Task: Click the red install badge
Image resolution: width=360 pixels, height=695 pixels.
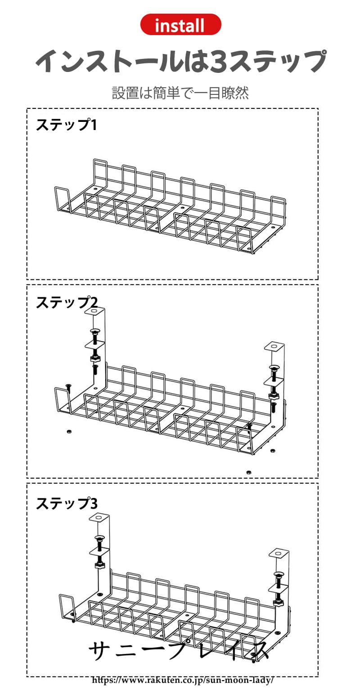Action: (x=180, y=25)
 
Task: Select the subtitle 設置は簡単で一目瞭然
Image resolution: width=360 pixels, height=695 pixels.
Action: (x=180, y=93)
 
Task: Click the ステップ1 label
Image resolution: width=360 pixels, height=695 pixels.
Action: (x=66, y=125)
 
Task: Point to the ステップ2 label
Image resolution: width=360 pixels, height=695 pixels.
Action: (x=66, y=302)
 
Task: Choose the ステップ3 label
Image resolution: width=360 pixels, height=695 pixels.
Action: (x=66, y=503)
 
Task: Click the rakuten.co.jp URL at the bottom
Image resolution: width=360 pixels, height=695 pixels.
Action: (x=183, y=680)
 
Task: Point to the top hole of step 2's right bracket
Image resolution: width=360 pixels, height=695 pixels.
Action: (x=274, y=347)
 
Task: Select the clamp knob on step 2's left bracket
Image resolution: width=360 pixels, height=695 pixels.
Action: (x=95, y=359)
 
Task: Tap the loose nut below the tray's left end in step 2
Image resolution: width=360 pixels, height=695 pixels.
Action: (x=69, y=431)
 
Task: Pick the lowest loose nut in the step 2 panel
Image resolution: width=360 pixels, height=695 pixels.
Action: (x=248, y=472)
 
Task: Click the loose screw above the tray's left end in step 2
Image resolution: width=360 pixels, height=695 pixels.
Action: (x=68, y=386)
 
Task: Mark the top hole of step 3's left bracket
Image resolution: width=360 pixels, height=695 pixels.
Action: (x=99, y=517)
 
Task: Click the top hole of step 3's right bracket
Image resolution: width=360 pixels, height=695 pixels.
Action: (x=279, y=552)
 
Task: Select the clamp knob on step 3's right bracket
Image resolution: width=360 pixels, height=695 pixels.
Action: (x=278, y=601)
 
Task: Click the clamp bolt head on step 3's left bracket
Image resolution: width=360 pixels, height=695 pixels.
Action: (x=99, y=538)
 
